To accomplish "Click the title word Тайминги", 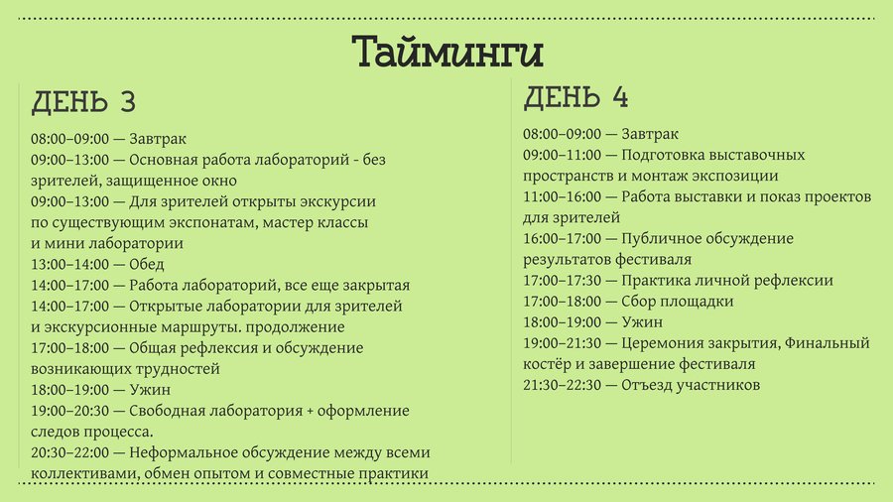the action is pyautogui.click(x=447, y=53).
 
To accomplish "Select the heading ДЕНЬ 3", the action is pyautogui.click(x=83, y=102).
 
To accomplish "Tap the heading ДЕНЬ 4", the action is pyautogui.click(x=575, y=97).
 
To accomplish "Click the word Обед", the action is pyautogui.click(x=147, y=264).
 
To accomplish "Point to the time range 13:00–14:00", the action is pyautogui.click(x=69, y=264).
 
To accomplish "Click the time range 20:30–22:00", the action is pyautogui.click(x=69, y=452).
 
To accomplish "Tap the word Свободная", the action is pyautogui.click(x=167, y=411).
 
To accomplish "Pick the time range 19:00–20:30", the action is pyautogui.click(x=69, y=411).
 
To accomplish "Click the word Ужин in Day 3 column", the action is pyautogui.click(x=150, y=390).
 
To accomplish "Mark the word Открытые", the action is pyautogui.click(x=166, y=307).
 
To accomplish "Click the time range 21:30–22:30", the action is pyautogui.click(x=563, y=385).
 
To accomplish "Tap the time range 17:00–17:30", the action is pyautogui.click(x=563, y=280).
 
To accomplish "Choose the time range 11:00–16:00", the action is pyautogui.click(x=563, y=196).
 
